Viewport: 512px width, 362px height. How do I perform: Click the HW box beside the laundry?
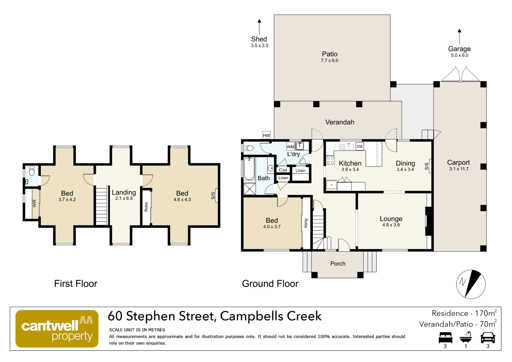[266, 135]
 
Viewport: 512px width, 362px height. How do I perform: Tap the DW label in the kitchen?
[360, 146]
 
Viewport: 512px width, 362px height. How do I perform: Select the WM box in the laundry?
[290, 147]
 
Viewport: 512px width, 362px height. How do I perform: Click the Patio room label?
[330, 54]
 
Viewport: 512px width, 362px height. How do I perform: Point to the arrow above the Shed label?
[259, 27]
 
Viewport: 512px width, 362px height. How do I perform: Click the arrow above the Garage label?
[460, 37]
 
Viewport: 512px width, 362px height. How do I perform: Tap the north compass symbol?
[471, 284]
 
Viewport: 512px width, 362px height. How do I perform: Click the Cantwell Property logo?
[57, 329]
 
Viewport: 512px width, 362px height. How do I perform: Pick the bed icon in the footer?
[445, 338]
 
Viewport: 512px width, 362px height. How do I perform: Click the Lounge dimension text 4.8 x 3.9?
[391, 225]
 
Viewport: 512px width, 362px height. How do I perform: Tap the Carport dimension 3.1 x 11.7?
[459, 169]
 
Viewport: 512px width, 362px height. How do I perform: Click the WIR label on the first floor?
[34, 204]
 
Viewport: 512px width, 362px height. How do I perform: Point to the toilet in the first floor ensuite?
[32, 171]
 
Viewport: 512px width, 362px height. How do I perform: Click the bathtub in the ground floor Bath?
[249, 169]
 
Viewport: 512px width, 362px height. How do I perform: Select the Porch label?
[338, 264]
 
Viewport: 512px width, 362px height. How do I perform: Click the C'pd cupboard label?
[283, 170]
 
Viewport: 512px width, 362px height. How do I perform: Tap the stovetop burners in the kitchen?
[330, 161]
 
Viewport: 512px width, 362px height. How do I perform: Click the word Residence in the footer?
[450, 313]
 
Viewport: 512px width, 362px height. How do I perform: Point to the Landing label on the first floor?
[124, 193]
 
